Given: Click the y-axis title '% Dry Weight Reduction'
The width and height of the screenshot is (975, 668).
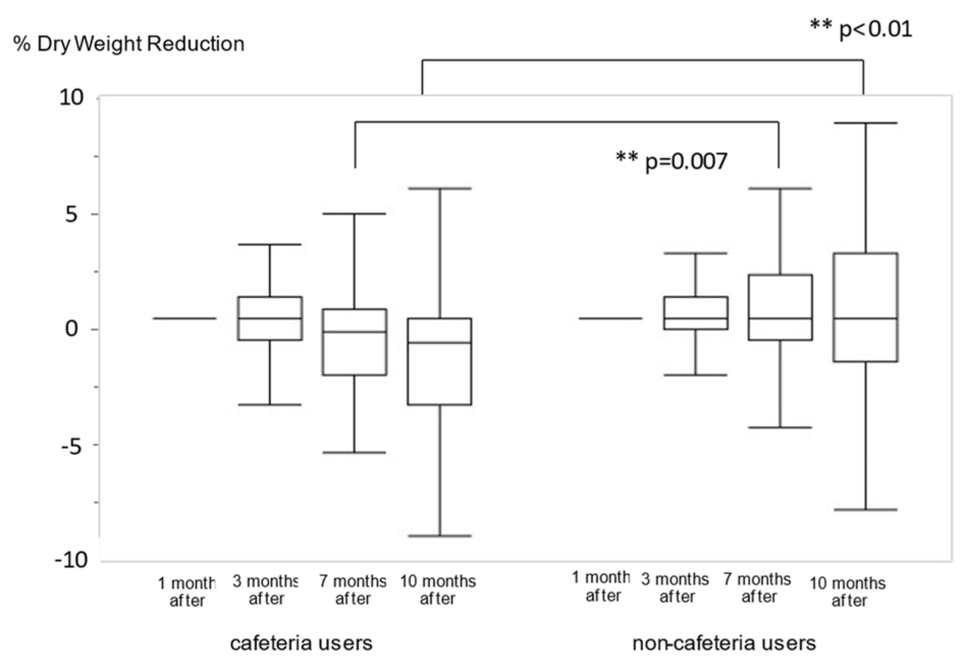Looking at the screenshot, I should pos(129,44).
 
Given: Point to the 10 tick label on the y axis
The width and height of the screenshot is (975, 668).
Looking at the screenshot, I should pos(71,97).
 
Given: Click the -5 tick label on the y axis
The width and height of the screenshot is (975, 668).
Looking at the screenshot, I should pos(71,446).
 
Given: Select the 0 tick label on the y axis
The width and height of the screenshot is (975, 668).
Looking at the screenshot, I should pos(72,329).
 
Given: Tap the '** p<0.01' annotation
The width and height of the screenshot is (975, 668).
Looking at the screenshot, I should pos(861,29).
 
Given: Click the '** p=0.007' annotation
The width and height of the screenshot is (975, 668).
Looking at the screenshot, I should pos(671,162).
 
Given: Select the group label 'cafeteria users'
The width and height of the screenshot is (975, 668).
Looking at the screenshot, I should pos(301,643).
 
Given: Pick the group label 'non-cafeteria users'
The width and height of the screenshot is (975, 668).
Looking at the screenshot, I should pos(724,643).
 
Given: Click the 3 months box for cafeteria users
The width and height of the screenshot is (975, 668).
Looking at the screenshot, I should pos(270,318).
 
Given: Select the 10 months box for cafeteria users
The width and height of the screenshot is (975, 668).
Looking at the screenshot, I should pos(440,361).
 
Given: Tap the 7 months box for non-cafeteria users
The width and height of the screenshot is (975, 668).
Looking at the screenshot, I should pos(780,307).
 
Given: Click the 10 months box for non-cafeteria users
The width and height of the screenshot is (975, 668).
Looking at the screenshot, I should pos(865,307).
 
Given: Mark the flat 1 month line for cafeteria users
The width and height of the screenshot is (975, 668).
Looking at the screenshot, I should pos(185,318).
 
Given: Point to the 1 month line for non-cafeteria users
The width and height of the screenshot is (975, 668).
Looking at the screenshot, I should pos(610,318).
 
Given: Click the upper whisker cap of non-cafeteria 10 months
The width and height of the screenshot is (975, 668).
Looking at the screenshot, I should pos(865,123).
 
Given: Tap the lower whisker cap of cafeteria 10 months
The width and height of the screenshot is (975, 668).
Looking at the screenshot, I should pos(440,536).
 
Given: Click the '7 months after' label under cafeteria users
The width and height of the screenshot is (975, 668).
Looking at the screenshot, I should pos(353,590).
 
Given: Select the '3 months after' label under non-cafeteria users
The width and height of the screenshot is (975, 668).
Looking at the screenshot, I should pos(675,587).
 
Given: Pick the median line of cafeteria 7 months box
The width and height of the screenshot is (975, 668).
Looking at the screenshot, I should pos(355,332).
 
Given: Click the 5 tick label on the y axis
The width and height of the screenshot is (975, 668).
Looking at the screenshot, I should pos(72,215).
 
